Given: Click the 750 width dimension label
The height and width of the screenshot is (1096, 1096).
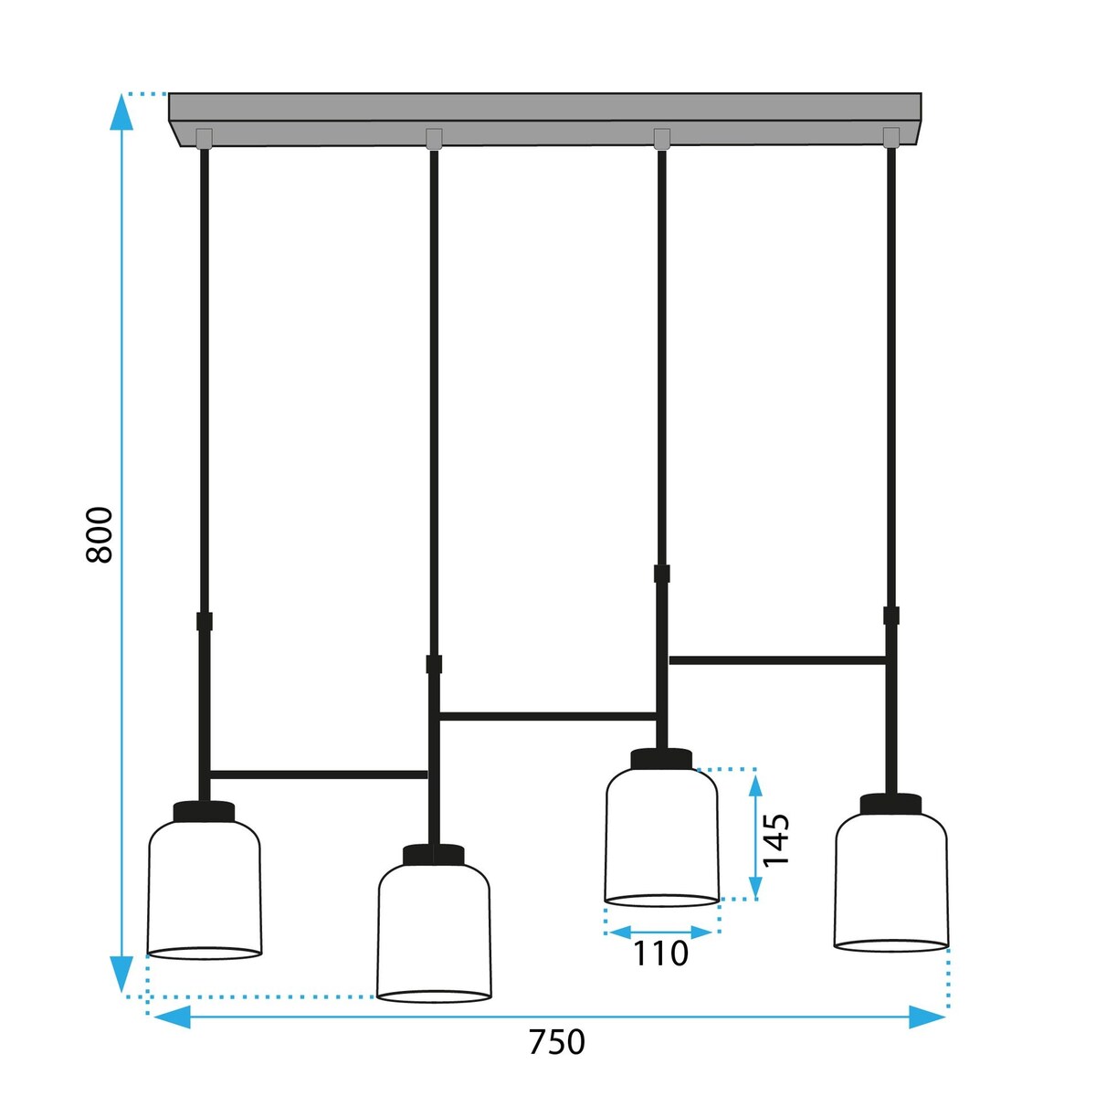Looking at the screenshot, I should [556, 1042].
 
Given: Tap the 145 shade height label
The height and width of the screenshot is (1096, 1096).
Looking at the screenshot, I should [776, 839].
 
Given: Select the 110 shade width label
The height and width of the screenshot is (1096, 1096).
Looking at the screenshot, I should [661, 954].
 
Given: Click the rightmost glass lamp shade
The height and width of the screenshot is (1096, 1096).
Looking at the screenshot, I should [891, 880].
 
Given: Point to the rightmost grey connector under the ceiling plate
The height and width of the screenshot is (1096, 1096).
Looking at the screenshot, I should [891, 137].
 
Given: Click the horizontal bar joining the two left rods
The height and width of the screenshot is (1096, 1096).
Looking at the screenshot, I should [318, 775].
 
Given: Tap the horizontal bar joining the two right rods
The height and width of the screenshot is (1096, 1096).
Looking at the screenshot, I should [777, 659].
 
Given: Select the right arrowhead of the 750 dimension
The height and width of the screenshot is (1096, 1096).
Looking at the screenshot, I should [926, 1017].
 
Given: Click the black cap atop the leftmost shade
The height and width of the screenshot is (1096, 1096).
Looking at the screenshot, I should [204, 811].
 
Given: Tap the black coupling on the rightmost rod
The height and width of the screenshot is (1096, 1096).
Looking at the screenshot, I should [891, 616].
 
